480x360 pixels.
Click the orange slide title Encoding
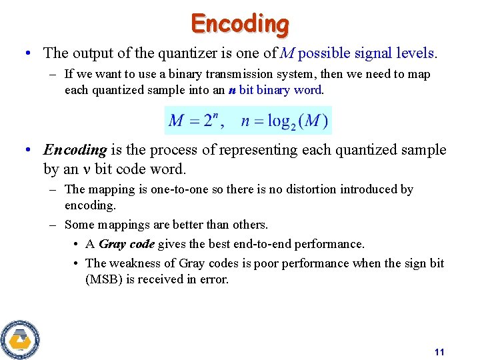tap(240, 23)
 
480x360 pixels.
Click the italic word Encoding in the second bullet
tap(75, 150)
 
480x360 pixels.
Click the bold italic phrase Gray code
tap(127, 244)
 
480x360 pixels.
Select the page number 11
tap(439, 352)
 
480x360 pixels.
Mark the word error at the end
tap(214, 279)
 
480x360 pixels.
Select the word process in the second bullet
tap(165, 150)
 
